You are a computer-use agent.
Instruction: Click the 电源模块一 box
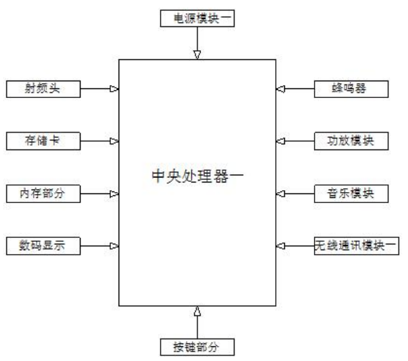(x=197, y=19)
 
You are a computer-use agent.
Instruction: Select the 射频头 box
(x=44, y=88)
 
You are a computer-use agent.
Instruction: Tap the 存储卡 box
(x=44, y=140)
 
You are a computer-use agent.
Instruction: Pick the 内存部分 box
(x=44, y=193)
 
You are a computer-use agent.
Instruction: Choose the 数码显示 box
(x=44, y=245)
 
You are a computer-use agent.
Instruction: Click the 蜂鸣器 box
(x=351, y=88)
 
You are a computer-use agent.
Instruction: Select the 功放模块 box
(x=351, y=140)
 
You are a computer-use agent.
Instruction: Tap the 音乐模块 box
(x=351, y=193)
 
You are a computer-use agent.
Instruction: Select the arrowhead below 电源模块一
(x=197, y=54)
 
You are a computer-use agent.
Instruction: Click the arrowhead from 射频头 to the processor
(x=113, y=89)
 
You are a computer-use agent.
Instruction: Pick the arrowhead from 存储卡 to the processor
(x=113, y=141)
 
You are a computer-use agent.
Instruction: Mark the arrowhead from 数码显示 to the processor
(x=113, y=246)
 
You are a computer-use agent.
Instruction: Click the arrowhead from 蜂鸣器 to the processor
(x=280, y=89)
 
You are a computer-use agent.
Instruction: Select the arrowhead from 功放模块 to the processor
(x=280, y=141)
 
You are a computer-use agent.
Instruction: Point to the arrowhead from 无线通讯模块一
(x=280, y=246)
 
